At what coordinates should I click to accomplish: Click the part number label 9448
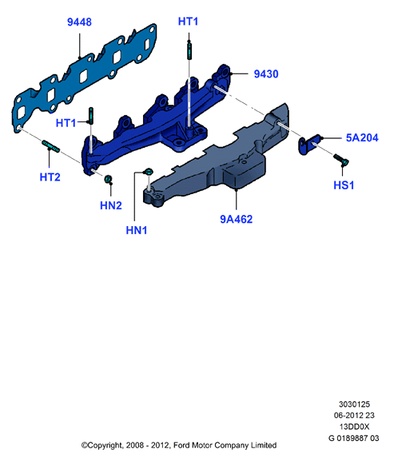(x=79, y=22)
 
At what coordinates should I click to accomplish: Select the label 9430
(x=266, y=74)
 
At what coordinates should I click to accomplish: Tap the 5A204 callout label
(x=362, y=137)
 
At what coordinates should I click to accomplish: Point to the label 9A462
(x=237, y=219)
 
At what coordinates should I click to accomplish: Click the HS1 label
(x=344, y=185)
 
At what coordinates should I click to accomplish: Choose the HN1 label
(x=137, y=230)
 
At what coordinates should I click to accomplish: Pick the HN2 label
(x=111, y=205)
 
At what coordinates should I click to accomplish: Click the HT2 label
(x=50, y=177)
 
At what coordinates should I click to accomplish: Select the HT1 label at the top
(x=188, y=22)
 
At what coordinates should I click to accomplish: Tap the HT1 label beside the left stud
(x=66, y=123)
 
